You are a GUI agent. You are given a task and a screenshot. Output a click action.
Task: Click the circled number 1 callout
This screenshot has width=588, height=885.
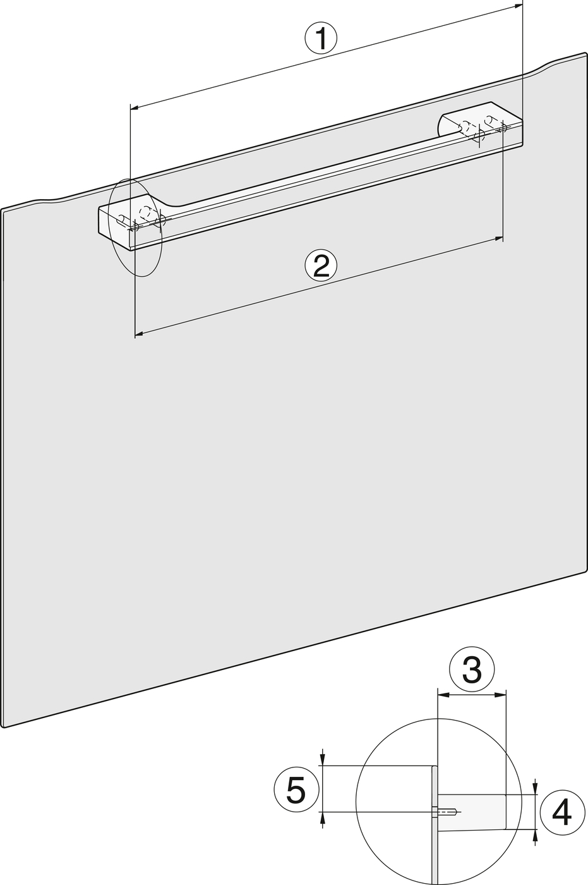point(321,39)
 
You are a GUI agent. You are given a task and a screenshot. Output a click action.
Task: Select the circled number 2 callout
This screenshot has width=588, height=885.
point(321,266)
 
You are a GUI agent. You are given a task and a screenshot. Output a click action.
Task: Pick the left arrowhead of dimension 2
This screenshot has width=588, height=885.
point(140,333)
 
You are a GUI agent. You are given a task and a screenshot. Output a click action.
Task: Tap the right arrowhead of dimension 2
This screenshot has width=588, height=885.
point(499,239)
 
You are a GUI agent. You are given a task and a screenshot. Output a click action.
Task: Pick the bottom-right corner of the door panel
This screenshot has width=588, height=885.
point(584,573)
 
